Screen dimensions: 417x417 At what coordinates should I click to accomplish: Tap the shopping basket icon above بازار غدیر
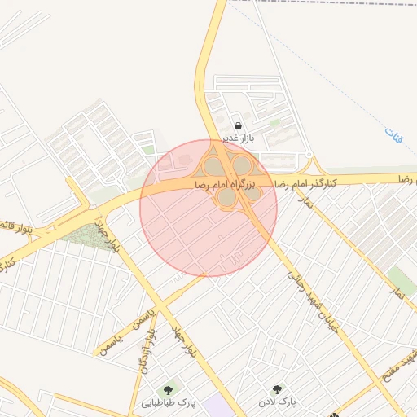pyautogui.click(x=238, y=126)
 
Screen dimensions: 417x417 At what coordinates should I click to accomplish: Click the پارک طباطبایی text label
pyautogui.click(x=169, y=402)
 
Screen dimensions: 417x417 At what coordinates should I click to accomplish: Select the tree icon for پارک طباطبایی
pyautogui.click(x=169, y=389)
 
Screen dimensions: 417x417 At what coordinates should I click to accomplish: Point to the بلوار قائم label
pyautogui.click(x=16, y=223)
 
